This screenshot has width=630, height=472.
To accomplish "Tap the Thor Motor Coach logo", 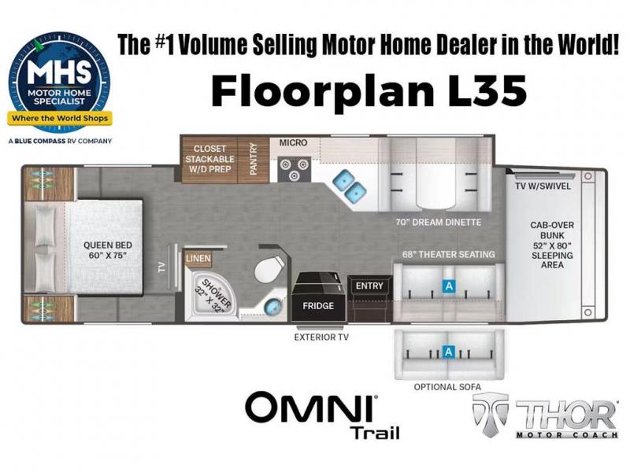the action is [x=545, y=415].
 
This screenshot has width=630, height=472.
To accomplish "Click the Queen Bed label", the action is [x=107, y=250].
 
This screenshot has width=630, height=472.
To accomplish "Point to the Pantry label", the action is [x=253, y=159].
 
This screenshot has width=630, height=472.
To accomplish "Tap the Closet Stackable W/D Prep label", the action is [x=209, y=159].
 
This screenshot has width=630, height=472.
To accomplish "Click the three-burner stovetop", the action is [x=295, y=169].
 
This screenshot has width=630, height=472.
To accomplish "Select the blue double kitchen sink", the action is [x=348, y=185].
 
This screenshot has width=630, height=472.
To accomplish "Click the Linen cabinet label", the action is [x=198, y=259].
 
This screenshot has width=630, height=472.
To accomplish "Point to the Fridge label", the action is [x=318, y=306].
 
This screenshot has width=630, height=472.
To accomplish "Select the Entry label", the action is [x=369, y=286].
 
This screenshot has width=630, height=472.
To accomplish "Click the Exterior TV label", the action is [x=321, y=337].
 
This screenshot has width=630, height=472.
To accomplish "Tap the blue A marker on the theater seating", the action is [x=448, y=286].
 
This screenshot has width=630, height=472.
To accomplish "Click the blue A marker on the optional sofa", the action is [x=448, y=352].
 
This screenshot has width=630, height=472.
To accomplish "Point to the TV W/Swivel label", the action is [x=543, y=186].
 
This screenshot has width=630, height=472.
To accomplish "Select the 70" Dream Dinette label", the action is [x=439, y=222].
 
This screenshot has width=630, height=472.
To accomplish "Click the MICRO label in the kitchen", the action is [x=293, y=142].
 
